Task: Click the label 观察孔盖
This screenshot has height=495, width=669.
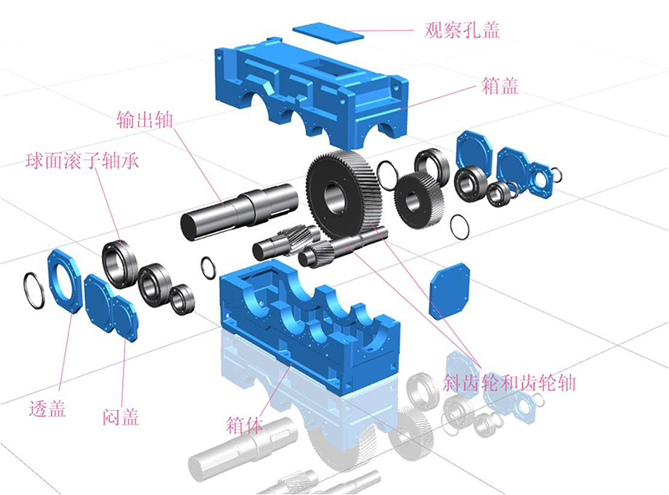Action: coord(462,30)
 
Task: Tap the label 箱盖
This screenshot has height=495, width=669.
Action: coord(499,85)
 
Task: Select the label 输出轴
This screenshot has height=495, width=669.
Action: coord(145,119)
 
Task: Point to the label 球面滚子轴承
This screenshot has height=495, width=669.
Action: coord(82,161)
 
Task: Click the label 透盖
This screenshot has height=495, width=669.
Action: coord(48,408)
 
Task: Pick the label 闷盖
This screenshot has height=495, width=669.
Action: coord(121,417)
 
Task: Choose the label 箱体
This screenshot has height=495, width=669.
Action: coord(244,425)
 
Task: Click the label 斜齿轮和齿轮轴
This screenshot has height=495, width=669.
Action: coord(509,383)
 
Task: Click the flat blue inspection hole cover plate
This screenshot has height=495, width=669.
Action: coord(328,33)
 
